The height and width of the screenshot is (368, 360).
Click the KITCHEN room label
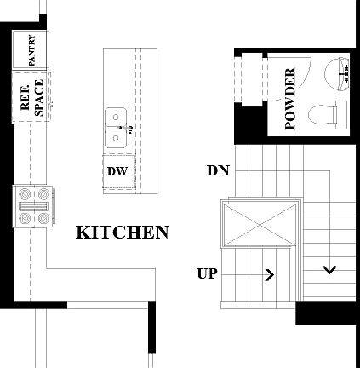coord(123,232)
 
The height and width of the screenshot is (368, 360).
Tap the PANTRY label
coord(31,50)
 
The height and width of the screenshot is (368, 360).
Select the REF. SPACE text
coord(31,97)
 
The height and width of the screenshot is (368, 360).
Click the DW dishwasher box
coord(117,170)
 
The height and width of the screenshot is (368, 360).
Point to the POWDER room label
coord(289,98)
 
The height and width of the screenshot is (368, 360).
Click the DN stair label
coord(217,170)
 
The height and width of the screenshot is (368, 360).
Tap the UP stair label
coord(206,274)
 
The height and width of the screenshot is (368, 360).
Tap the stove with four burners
coord(34,208)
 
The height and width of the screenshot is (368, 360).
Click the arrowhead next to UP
coord(270,274)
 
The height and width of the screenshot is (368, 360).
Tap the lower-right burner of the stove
coord(45,218)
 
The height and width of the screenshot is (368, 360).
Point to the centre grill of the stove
coord(34,208)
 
